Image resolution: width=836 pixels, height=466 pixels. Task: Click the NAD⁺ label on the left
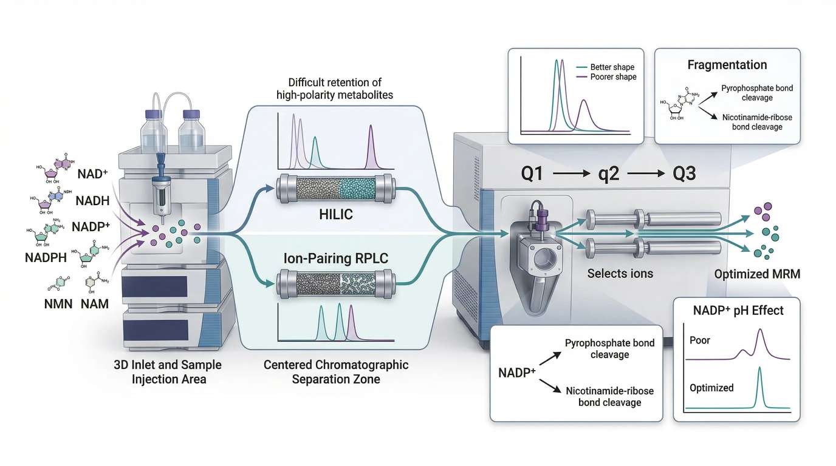(x=93, y=175)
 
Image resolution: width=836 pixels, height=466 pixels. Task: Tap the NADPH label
(x=46, y=257)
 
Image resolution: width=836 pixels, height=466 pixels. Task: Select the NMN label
(x=60, y=303)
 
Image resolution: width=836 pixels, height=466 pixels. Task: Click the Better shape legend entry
(x=609, y=67)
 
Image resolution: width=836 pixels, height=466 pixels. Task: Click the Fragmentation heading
(x=727, y=65)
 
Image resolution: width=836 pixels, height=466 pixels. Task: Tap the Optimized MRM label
(x=757, y=274)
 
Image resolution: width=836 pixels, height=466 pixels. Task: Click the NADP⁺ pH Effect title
(x=738, y=311)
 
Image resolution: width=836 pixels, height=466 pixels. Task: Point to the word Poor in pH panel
(x=700, y=340)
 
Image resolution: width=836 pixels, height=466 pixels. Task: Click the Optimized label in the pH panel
(x=711, y=387)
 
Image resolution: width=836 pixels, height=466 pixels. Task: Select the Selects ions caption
(x=620, y=274)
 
